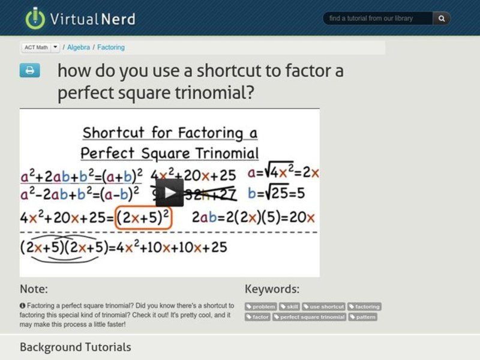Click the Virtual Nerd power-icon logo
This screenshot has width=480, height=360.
click(x=35, y=18)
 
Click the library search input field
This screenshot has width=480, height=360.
click(x=378, y=19)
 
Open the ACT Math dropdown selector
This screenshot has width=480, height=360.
click(x=55, y=47)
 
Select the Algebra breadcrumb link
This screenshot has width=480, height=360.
click(x=79, y=47)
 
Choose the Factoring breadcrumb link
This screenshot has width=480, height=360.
click(x=111, y=47)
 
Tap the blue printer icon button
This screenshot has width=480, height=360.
click(x=29, y=71)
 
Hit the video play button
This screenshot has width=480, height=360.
click(x=170, y=192)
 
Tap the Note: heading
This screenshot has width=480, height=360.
click(x=34, y=289)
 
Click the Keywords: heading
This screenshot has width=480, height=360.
click(x=272, y=289)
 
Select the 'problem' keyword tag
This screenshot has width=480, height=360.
click(x=260, y=307)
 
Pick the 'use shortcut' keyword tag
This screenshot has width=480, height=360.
click(x=323, y=307)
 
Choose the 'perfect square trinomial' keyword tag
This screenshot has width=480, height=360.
click(x=310, y=317)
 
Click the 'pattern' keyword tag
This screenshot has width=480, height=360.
click(x=363, y=317)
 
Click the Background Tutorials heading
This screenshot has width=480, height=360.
click(x=75, y=347)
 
